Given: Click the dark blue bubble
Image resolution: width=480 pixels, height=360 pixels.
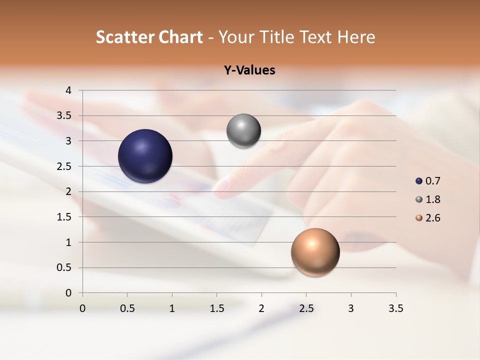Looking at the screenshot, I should point(145,156).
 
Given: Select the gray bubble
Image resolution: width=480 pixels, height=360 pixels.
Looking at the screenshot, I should point(243,131).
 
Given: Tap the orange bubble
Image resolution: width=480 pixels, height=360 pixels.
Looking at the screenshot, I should point(315,252).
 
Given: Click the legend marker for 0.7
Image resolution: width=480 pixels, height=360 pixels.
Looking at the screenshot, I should point(419,181).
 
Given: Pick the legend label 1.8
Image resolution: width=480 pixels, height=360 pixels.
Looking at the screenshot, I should point(432,199).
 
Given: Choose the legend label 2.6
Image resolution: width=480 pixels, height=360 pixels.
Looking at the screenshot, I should point(432,218).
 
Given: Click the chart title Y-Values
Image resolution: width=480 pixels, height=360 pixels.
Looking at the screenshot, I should point(249,70).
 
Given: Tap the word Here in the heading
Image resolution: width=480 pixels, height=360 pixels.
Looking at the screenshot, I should point(355,37).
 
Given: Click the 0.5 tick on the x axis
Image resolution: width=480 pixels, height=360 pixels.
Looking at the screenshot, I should point(127,308).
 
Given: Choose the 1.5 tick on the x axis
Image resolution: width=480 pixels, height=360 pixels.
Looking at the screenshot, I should point(216,308).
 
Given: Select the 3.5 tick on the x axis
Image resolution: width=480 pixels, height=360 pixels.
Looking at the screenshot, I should point(395,308).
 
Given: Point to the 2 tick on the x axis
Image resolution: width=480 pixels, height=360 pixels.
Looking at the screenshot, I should point(261,308).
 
